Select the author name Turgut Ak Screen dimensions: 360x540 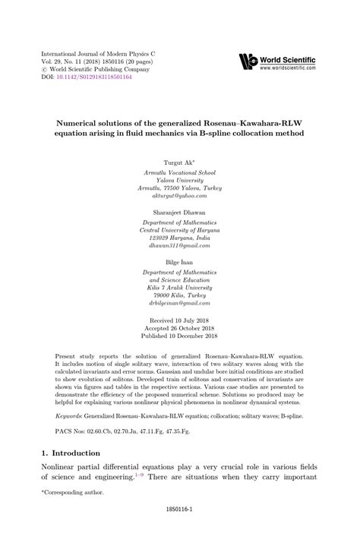pos(178,163)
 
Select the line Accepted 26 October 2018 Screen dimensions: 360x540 pos(180,330)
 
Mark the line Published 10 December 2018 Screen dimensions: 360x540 pos(180,338)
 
